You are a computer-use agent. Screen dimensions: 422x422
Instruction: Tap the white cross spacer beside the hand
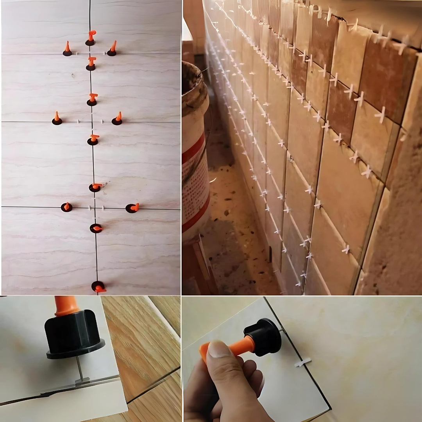click(x=302, y=363)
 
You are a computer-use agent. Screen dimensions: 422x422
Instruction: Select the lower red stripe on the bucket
click(x=195, y=215)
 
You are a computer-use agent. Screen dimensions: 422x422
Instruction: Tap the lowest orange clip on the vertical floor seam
click(x=98, y=287)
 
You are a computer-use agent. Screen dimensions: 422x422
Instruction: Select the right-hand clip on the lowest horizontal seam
click(x=132, y=208)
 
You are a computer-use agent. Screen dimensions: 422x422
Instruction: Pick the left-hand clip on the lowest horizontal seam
click(x=66, y=207)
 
